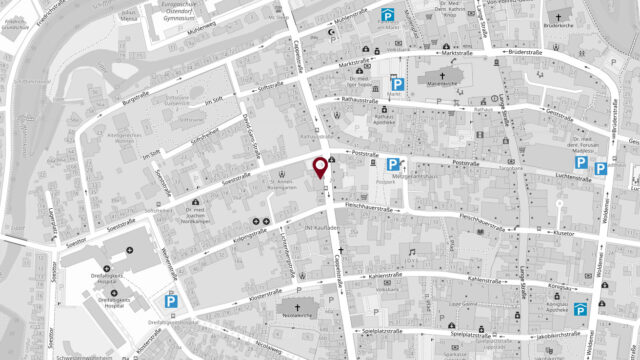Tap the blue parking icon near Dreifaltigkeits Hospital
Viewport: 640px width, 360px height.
(171, 299)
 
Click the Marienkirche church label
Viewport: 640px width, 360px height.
(441, 84)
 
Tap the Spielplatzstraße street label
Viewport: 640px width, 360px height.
(381, 330)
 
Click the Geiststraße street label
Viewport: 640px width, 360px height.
(566, 113)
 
